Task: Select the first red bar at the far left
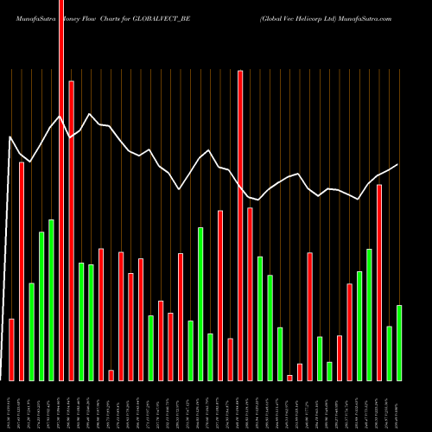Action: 11,349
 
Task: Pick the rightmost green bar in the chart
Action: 398,342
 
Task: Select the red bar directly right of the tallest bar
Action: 71,230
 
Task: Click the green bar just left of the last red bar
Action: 369,314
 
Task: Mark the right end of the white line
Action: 397,164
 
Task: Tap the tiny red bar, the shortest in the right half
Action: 289,378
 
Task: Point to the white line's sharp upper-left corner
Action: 10,137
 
